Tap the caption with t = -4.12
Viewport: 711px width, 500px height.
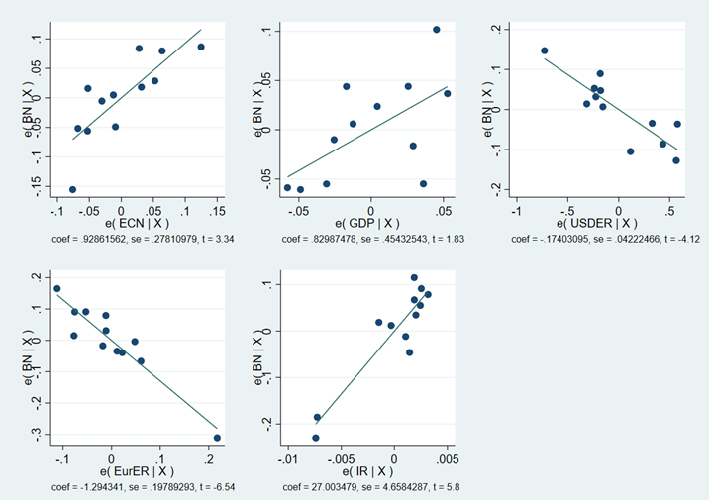pyautogui.click(x=594, y=239)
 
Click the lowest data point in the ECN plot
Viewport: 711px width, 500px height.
pyautogui.click(x=72, y=189)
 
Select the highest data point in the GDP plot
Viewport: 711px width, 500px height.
pyautogui.click(x=437, y=30)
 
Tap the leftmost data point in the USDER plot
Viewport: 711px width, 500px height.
pyautogui.click(x=544, y=50)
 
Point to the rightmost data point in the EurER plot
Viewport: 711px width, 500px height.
pyautogui.click(x=217, y=438)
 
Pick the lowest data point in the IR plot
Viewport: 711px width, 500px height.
pyautogui.click(x=316, y=438)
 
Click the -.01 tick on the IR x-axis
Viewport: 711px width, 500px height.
pyautogui.click(x=288, y=459)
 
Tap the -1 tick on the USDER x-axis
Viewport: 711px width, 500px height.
pyautogui.click(x=516, y=211)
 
